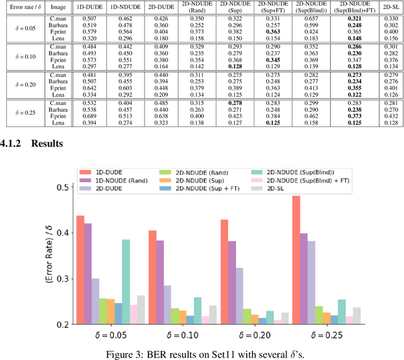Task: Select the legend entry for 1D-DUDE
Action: tap(107, 171)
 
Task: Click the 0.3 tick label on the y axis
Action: tap(61, 279)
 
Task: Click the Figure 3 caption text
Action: tap(201, 353)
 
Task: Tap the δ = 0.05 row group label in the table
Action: tap(23, 28)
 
